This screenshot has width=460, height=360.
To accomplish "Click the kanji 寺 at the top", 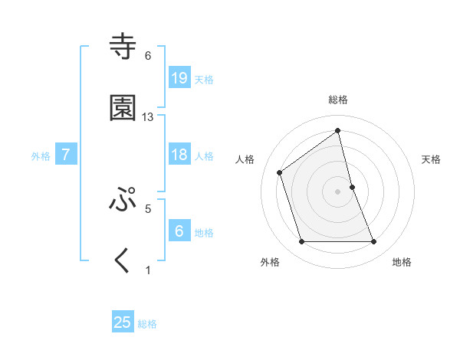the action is (x=123, y=47).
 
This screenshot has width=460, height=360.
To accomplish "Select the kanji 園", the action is (x=123, y=109).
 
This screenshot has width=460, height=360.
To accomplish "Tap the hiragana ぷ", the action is (x=123, y=200).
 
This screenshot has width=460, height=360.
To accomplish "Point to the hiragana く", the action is (x=123, y=261).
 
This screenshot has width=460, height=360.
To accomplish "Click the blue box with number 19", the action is (x=179, y=78).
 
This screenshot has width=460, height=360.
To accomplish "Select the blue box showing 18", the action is (x=179, y=155).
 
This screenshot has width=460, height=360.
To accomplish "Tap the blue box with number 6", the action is (x=179, y=231).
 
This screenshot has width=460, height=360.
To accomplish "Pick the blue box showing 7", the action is (x=66, y=155).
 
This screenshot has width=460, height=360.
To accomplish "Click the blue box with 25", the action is (x=123, y=322).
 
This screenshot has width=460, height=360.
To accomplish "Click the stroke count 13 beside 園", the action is (x=148, y=117).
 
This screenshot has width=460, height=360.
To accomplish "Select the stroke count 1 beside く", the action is (x=148, y=270).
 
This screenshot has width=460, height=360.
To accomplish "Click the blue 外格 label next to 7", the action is (x=41, y=156).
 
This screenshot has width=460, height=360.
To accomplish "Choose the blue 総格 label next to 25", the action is (x=147, y=324).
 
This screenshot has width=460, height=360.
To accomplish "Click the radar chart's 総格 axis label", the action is (x=338, y=100).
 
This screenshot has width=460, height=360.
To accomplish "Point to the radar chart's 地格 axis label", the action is (x=402, y=262).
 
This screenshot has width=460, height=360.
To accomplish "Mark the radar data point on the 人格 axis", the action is (x=280, y=172).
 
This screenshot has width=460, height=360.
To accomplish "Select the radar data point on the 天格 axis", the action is (x=352, y=187).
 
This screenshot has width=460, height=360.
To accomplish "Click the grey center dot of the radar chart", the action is (x=338, y=191).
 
